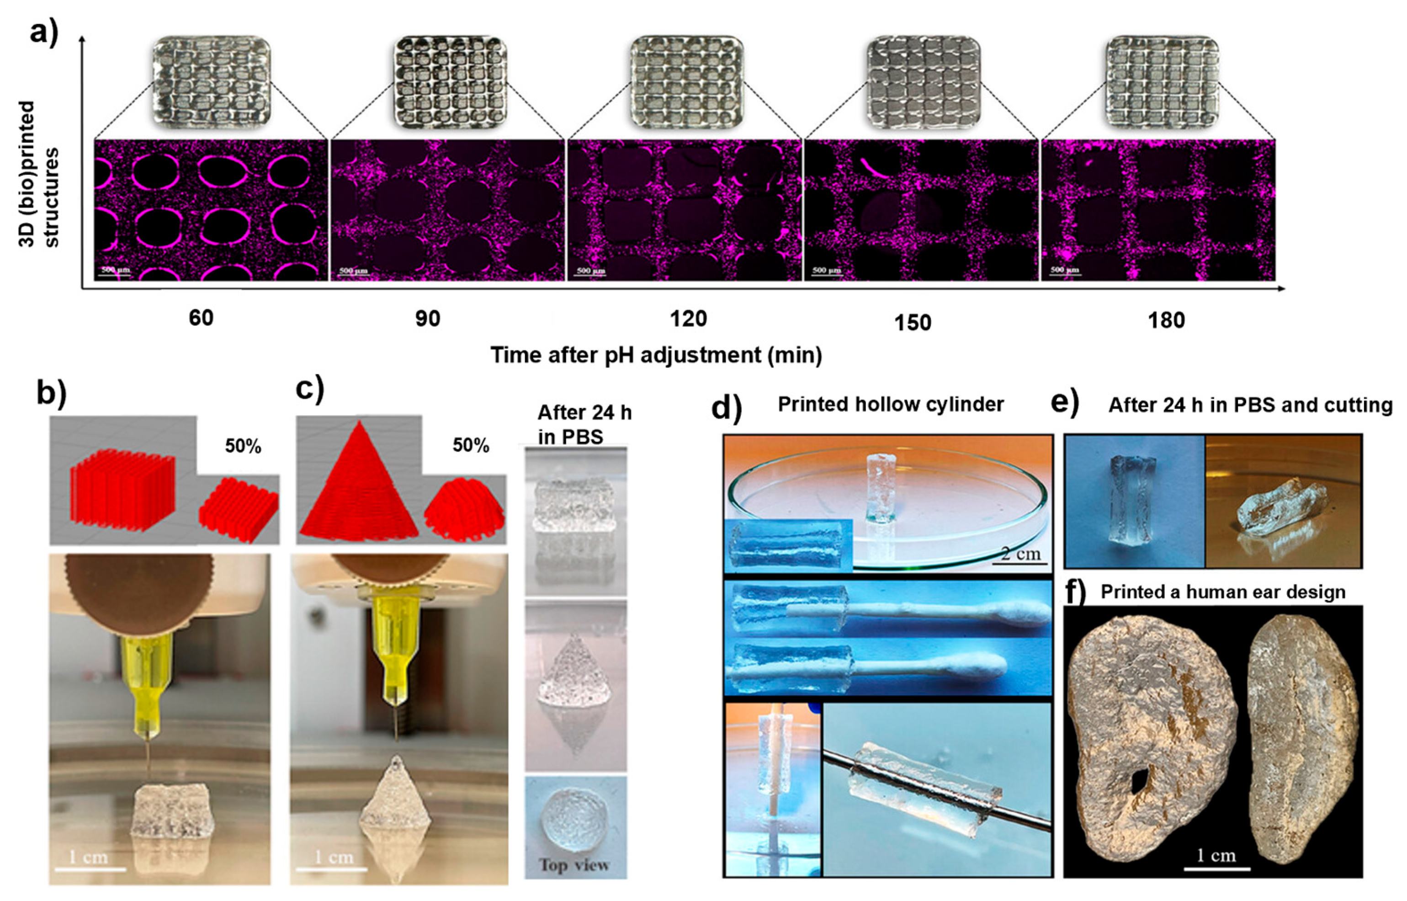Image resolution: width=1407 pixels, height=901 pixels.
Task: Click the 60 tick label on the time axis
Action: tap(201, 318)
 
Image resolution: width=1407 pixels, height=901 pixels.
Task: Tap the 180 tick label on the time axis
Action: tap(1167, 320)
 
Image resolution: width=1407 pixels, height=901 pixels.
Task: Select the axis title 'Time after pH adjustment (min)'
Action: tap(656, 355)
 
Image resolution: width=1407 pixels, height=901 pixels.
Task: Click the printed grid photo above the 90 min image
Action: tap(449, 82)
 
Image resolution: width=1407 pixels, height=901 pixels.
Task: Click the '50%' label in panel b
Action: tap(243, 447)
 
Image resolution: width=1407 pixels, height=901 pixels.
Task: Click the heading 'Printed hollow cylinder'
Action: tap(891, 404)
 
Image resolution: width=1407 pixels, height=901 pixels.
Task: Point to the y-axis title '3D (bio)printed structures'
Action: tap(40, 174)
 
